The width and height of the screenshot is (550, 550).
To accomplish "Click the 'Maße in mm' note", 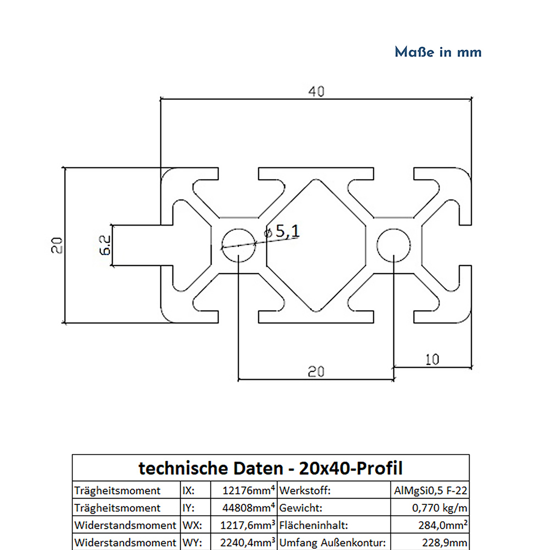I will pyautogui.click(x=438, y=52).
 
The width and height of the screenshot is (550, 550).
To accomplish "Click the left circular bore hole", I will pyautogui.click(x=238, y=245).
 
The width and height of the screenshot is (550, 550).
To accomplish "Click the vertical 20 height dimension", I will pyautogui.click(x=57, y=245).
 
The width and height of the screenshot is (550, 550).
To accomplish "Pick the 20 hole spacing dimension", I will pyautogui.click(x=316, y=372).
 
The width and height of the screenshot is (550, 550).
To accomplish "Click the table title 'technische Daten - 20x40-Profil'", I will pyautogui.click(x=270, y=468).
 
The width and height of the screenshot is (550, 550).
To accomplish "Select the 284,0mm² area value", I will pyautogui.click(x=443, y=525).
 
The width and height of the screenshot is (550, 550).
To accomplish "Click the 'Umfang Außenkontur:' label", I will pyautogui.click(x=332, y=542).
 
